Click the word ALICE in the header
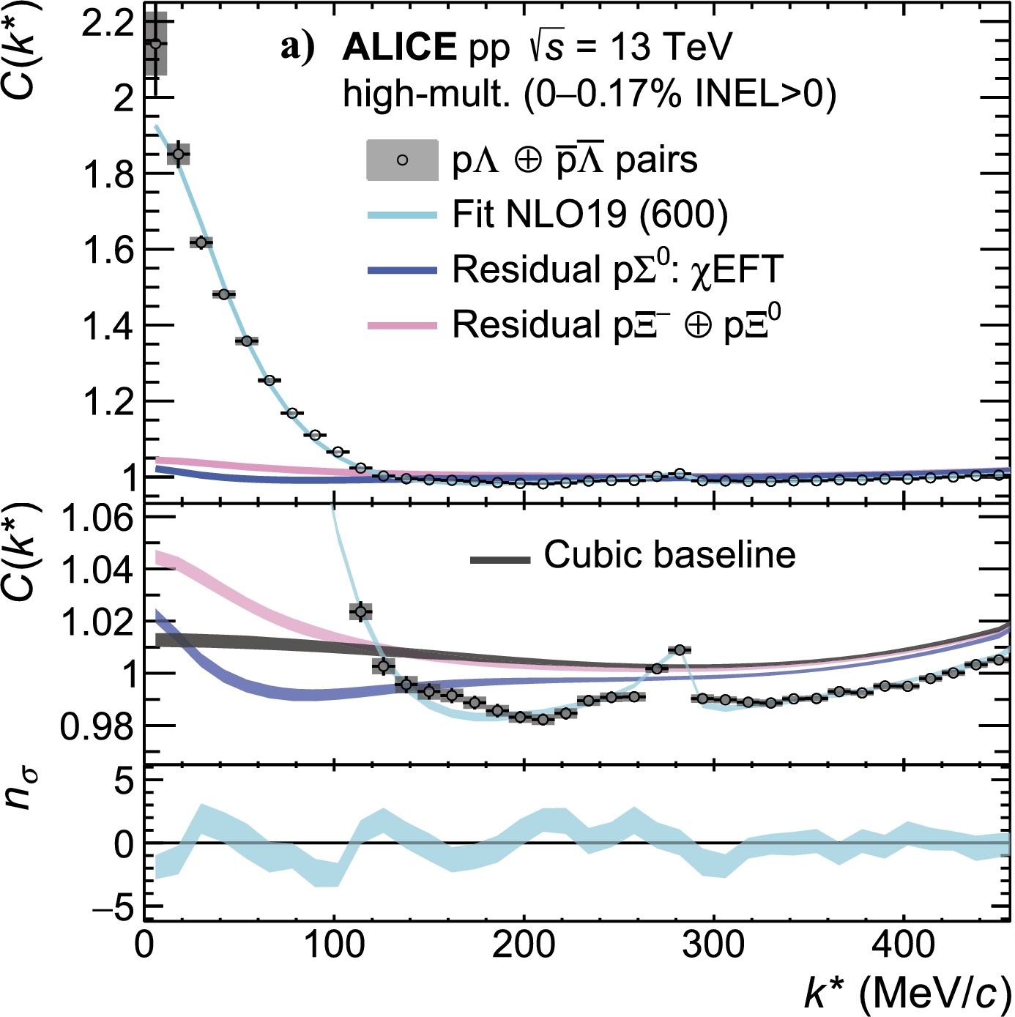coord(399,48)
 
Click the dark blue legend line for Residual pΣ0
coord(402,271)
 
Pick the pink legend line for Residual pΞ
coord(402,326)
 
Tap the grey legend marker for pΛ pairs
coord(402,160)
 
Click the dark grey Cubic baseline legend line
coord(500,560)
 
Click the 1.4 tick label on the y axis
coord(106,327)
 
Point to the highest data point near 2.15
coord(155,42)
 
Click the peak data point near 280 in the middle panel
coord(680,649)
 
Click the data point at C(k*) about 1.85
coord(177,154)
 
